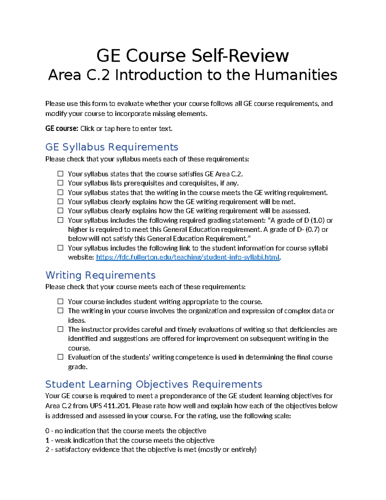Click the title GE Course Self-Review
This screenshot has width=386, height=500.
coord(193,55)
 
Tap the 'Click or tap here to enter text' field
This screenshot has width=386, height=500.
coord(126,128)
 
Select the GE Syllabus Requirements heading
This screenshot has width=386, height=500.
coord(112,147)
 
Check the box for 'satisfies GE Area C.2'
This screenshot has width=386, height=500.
coord(60,174)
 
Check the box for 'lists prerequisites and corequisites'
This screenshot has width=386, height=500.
coord(60,183)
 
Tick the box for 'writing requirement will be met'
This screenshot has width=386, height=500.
coord(60,202)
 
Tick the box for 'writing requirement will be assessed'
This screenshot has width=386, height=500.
coord(60,211)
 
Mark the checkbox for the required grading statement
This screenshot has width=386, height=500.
coord(60,220)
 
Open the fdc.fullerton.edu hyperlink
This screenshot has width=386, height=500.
coord(188,257)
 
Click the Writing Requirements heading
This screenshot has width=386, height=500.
coord(100,275)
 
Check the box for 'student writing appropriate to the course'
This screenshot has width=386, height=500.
coord(60,302)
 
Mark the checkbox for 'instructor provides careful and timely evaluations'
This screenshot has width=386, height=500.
coord(60,329)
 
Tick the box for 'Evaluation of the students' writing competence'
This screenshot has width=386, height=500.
coord(60,357)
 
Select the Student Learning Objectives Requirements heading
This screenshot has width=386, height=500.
coord(154,384)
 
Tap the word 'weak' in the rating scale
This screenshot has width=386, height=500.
coord(63,440)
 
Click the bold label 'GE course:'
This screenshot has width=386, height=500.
coord(61,128)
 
